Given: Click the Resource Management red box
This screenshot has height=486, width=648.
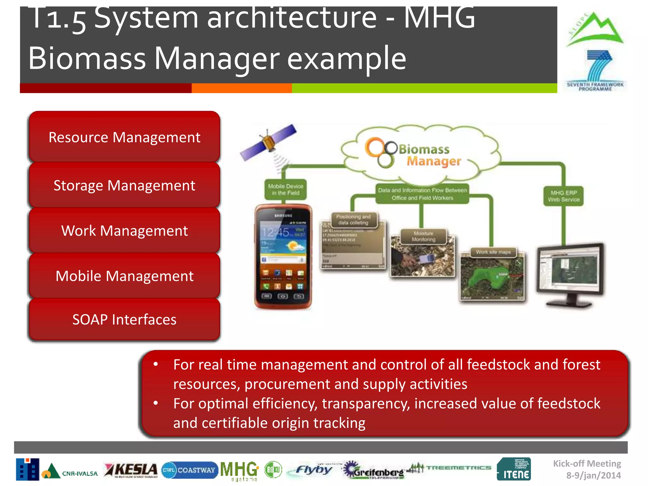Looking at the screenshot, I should click(x=124, y=137).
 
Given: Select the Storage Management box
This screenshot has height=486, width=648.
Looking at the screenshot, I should click(x=124, y=185).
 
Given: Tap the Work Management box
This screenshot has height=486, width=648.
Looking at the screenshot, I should click(x=124, y=231).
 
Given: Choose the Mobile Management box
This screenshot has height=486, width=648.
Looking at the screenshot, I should click(x=124, y=276).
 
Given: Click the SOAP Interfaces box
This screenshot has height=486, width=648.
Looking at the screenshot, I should click(x=124, y=320).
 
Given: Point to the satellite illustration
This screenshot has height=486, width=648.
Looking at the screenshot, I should click(x=268, y=142).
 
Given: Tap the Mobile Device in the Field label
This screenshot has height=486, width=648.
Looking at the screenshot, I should click(x=285, y=190).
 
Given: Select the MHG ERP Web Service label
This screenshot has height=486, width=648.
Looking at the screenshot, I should click(x=564, y=196).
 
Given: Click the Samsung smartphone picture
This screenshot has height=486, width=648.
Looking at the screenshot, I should click(x=283, y=256).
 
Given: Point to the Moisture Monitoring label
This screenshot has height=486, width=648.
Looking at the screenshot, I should click(x=423, y=236).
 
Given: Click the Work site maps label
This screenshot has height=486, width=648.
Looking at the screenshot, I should click(x=493, y=252).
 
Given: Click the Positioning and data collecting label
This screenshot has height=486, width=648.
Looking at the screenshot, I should click(x=353, y=220).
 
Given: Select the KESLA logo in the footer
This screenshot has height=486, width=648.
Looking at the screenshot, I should click(x=131, y=470).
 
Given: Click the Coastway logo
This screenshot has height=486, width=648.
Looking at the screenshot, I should click(x=190, y=470).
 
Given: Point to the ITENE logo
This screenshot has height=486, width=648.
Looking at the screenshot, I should click(x=514, y=469).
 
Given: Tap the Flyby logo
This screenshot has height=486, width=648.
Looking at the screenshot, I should click(x=313, y=470).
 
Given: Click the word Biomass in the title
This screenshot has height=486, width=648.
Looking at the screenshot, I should click(x=87, y=59).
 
